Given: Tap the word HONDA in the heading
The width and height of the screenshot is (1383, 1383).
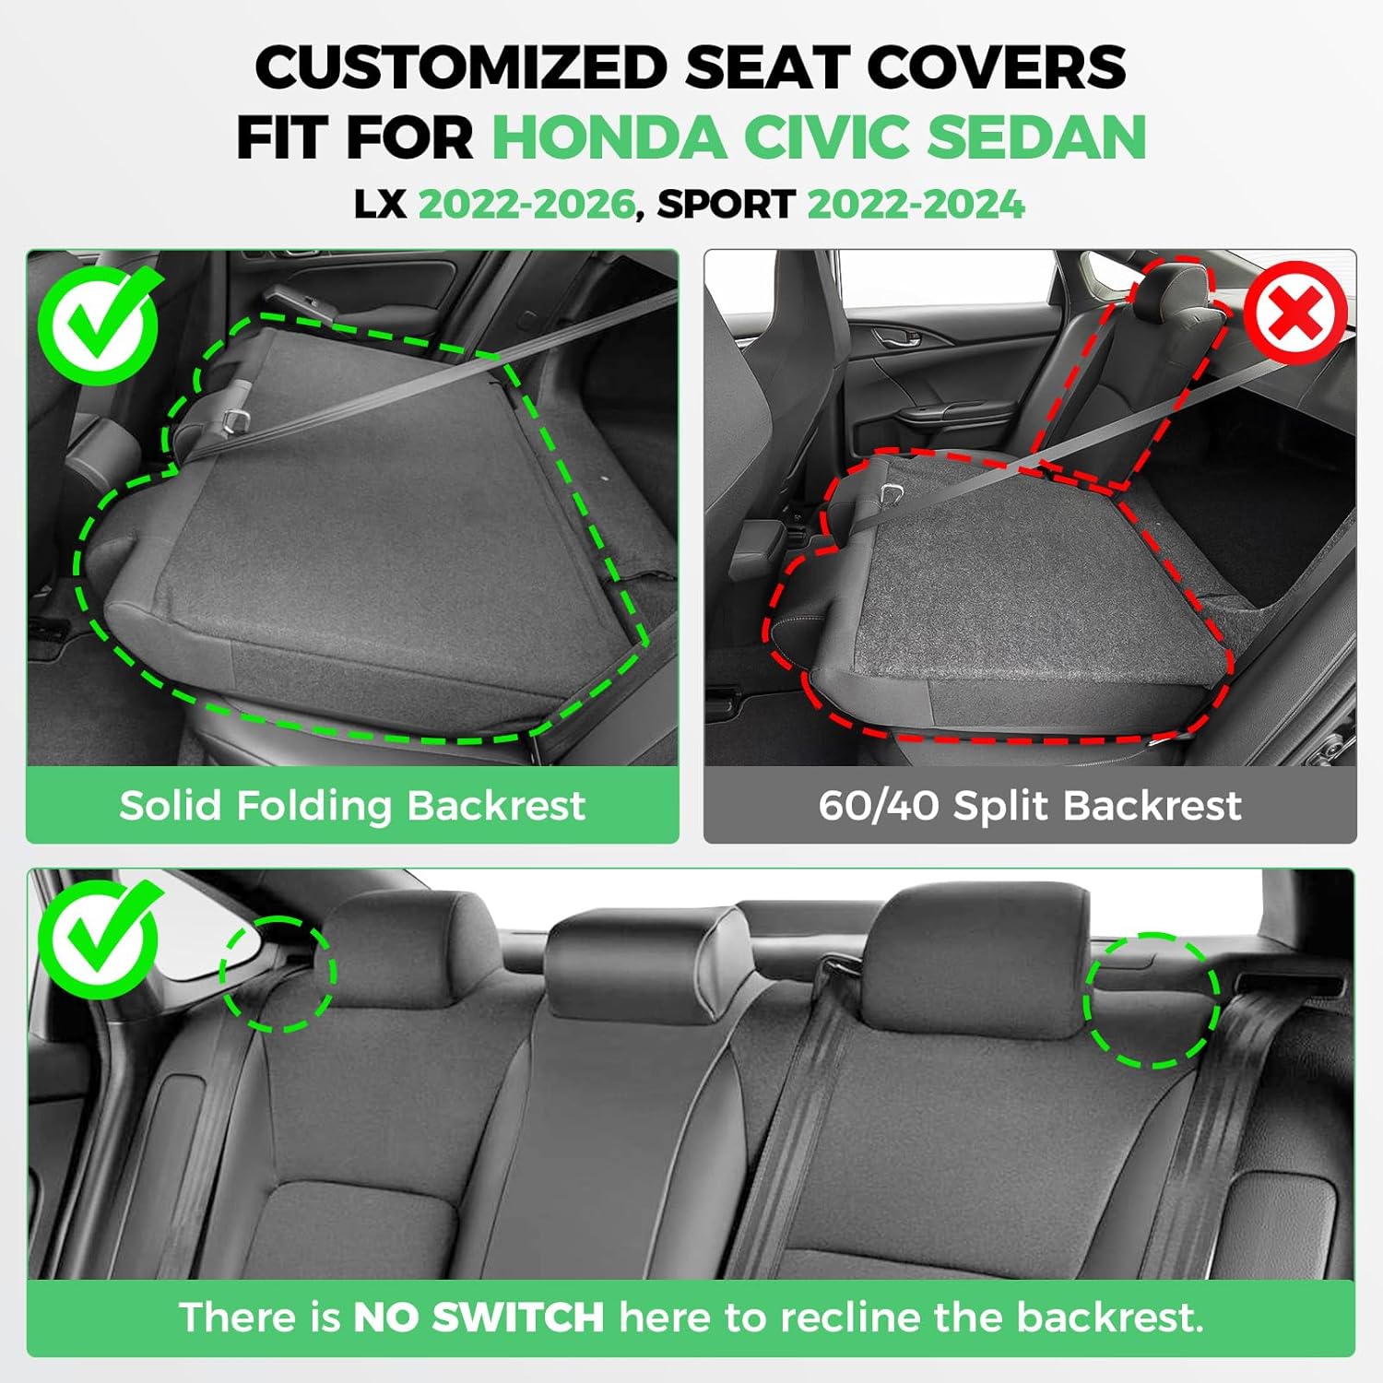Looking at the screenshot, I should tap(609, 137).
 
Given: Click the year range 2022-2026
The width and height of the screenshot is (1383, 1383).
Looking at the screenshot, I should tap(526, 205).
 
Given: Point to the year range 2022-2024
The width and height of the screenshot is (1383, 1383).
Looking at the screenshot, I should tap(916, 205).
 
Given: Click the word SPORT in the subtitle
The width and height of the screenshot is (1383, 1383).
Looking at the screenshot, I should tap(726, 205).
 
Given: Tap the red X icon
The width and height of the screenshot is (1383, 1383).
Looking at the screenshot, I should tap(1294, 312).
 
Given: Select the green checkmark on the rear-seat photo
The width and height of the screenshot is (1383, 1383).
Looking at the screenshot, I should tap(98, 939).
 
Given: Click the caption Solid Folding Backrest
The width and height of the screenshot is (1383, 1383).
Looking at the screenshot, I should tap(352, 805).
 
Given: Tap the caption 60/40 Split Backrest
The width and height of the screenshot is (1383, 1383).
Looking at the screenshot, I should tap(1030, 805).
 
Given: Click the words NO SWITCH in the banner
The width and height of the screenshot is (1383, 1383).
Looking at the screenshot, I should tap(479, 1317).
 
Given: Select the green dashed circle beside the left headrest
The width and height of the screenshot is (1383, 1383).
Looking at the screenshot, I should tap(278, 974).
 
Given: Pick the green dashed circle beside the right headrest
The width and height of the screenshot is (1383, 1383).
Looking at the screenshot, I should tap(1152, 1001).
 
